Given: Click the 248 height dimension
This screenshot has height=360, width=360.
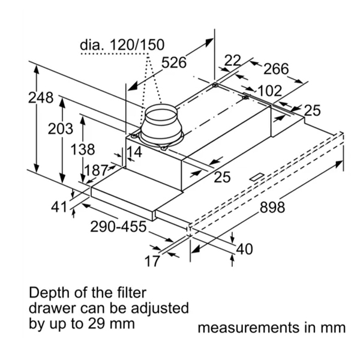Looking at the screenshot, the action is [41, 98].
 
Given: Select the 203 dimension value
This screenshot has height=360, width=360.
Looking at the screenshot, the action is [61, 129].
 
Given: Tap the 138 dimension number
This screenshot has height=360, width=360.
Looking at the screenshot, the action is [82, 149].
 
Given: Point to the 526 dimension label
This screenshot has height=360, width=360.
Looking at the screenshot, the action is [174, 62].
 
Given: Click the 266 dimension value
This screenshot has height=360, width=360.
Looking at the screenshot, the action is [276, 69].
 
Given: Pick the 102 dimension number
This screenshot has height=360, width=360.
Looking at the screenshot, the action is [270, 91].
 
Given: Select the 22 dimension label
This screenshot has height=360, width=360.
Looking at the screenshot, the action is [233, 61].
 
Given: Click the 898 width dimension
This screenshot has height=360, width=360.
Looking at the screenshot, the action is [272, 207].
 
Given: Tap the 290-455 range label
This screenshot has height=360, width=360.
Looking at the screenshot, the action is [118, 227].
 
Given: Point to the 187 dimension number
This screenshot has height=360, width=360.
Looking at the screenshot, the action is [96, 170].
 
